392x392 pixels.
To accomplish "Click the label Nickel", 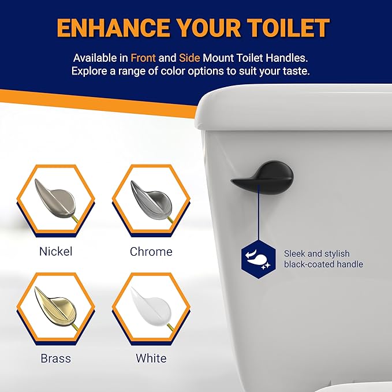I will pos(56,252).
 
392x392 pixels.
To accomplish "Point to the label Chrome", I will pos(151,252).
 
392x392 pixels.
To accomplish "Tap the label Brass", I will pos(56,359).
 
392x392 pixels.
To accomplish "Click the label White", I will pos(151,359).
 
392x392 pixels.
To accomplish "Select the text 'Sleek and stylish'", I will pos(316,253).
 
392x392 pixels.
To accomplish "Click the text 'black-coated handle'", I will pos(323,264).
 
